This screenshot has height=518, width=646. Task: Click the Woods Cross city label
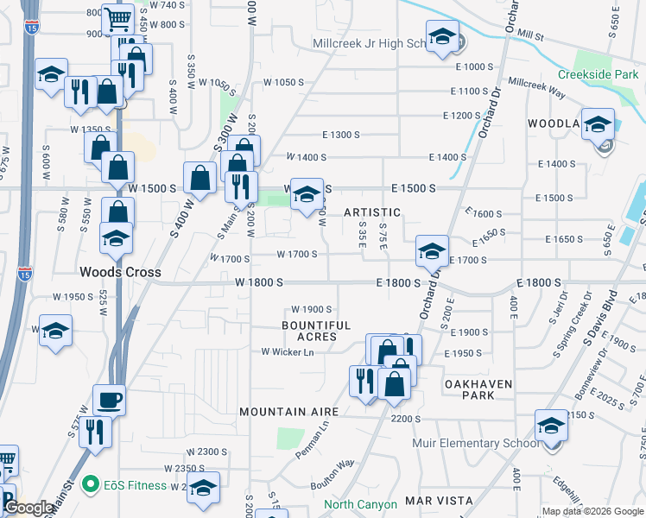pos(119,272)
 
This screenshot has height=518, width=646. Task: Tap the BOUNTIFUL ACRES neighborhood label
pos(317,331)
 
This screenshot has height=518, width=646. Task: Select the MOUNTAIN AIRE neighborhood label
pos(288,413)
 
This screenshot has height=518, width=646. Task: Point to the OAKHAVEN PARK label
pos(479,389)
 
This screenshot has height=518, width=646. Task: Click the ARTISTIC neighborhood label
pos(372,212)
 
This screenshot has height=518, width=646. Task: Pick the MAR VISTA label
pos(440,501)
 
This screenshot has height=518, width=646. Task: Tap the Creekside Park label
pos(598,75)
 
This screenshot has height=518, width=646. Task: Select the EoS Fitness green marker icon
pos(88,485)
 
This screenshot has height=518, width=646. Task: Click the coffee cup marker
pos(110,399)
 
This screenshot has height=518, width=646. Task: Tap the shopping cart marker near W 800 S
pos(117,17)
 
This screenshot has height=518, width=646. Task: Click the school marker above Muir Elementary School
pos(551,425)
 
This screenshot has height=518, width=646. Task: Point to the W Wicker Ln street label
pos(288,351)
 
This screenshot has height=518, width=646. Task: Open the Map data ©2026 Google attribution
pos(592,511)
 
